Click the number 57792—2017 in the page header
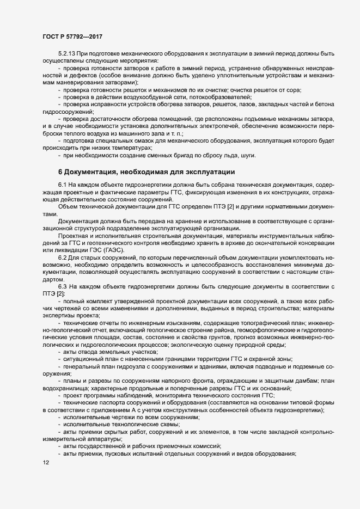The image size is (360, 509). (x=82, y=36)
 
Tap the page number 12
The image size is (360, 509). (x=45, y=463)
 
